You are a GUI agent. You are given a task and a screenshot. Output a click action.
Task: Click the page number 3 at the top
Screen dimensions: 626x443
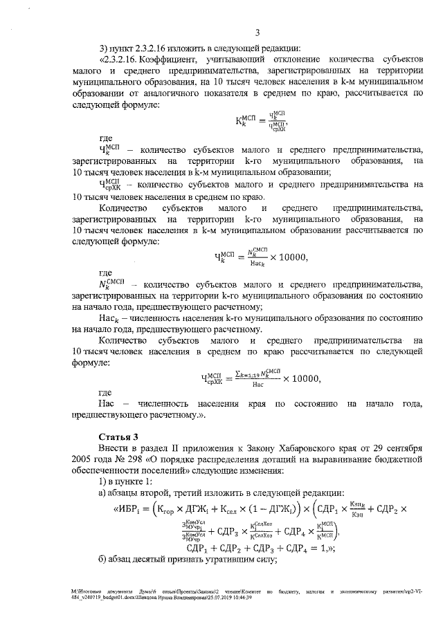[x=256, y=32]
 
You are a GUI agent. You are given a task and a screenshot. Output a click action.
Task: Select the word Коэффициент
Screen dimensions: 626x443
[x=143, y=60]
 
